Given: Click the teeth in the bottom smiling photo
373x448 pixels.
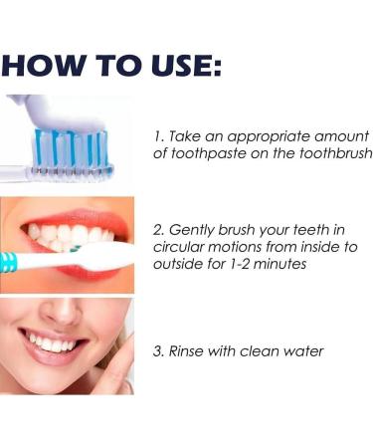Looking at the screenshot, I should pyautogui.click(x=50, y=343).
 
